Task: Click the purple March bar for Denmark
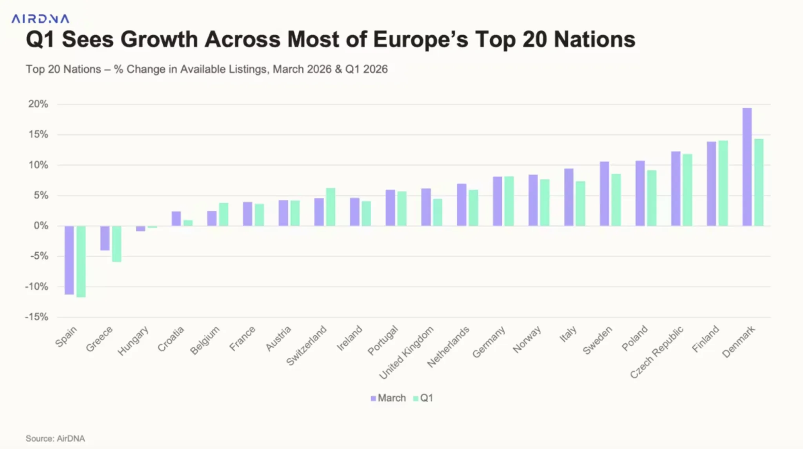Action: click(747, 167)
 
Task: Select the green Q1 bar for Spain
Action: click(81, 261)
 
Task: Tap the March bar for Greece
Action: click(105, 238)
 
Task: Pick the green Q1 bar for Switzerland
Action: click(331, 207)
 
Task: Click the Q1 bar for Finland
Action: click(723, 183)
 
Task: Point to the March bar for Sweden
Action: click(604, 193)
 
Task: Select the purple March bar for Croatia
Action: click(176, 219)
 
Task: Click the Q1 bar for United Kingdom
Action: click(438, 212)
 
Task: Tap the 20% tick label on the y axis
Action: click(38, 104)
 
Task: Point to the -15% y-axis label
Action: click(36, 317)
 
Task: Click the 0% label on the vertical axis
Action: click(41, 226)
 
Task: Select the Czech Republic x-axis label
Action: click(657, 352)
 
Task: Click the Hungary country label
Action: click(133, 341)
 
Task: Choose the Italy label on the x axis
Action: click(568, 334)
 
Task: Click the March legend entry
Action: click(388, 398)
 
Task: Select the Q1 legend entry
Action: click(423, 398)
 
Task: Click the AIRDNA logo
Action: click(40, 19)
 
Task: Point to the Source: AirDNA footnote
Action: click(55, 438)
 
